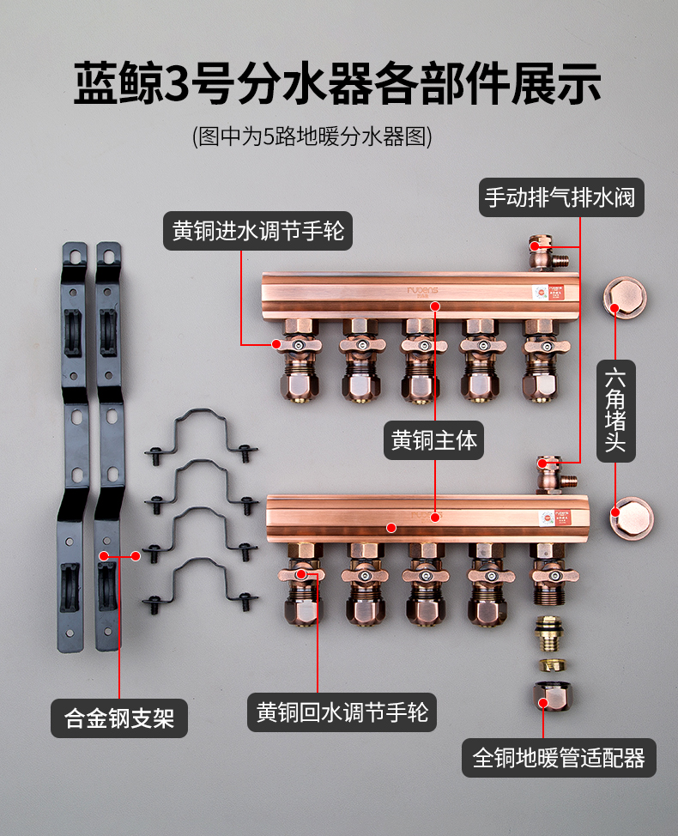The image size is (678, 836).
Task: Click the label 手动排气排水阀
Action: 561,197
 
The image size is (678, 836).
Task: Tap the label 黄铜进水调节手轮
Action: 258,231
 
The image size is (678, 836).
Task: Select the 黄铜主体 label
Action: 434,440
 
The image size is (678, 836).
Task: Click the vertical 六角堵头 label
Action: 615,410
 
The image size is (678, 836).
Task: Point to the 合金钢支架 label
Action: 119,718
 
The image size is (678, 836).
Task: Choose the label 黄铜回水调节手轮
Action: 342,712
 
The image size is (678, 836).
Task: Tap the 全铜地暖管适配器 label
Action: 559,758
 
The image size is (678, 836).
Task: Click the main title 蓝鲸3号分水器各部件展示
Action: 337,83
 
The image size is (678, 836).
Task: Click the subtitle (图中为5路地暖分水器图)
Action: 312,136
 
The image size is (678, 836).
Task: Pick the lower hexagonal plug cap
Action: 632,518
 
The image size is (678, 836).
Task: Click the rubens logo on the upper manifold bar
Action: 422,291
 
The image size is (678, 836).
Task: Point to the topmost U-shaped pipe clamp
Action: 202,435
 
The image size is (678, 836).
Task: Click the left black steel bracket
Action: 73,447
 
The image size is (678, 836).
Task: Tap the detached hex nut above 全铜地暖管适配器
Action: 552,696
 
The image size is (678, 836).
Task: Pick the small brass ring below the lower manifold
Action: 553,665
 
